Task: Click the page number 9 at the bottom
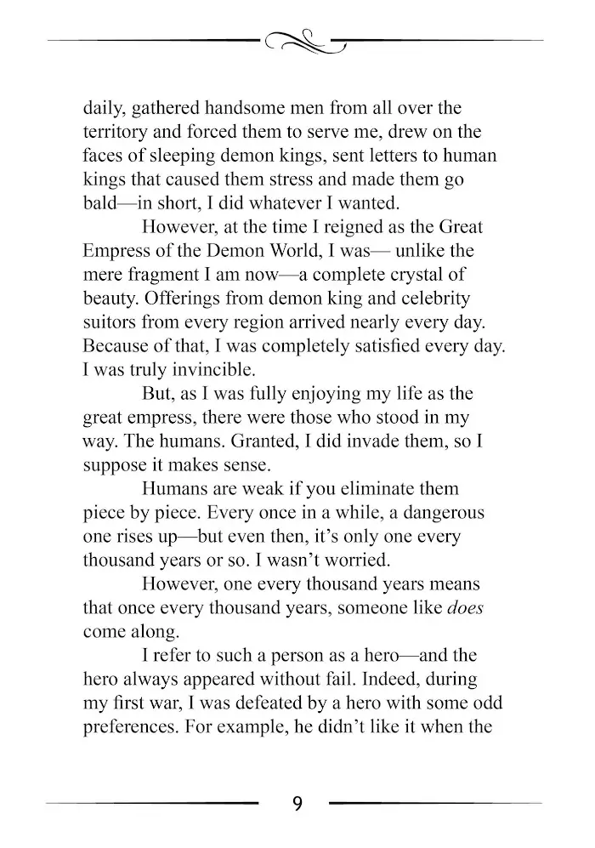click(297, 804)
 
